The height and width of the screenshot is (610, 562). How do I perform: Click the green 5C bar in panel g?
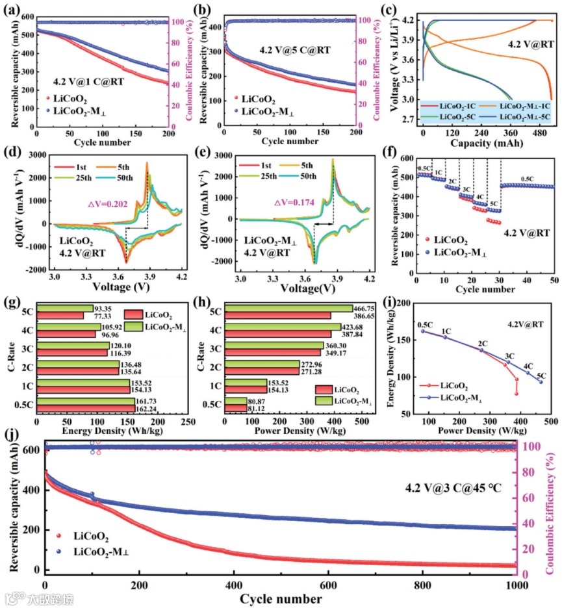(65, 308)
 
